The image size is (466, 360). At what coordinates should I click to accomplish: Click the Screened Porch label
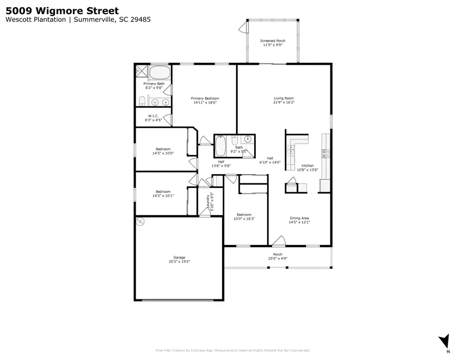(x=272, y=40)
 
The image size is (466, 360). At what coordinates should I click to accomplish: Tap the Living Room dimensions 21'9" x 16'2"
(x=284, y=103)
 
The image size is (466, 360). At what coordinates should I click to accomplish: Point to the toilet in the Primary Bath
(x=141, y=100)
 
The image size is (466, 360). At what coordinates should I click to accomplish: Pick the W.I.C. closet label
(x=153, y=116)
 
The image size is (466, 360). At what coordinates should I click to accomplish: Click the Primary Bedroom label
(x=205, y=98)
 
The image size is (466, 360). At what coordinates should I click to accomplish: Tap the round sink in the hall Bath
(x=248, y=139)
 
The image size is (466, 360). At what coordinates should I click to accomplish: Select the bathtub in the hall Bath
(x=220, y=146)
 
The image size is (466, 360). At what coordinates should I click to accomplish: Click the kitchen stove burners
(x=326, y=153)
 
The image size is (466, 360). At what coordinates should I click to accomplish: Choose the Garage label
(x=179, y=257)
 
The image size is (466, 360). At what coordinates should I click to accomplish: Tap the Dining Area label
(x=299, y=218)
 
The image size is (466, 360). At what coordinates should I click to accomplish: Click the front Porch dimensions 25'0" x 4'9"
(x=278, y=258)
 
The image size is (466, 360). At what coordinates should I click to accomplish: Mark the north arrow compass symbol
(x=443, y=341)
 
